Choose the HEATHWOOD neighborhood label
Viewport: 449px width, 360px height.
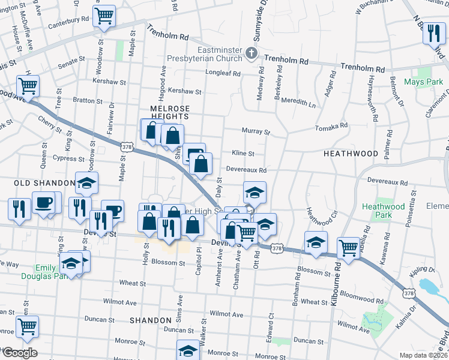[351, 154]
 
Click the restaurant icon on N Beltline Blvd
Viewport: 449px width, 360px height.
[433, 34]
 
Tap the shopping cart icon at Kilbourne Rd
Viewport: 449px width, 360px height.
[348, 247]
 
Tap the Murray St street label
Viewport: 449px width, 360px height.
[256, 131]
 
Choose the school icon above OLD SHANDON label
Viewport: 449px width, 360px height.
[87, 184]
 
